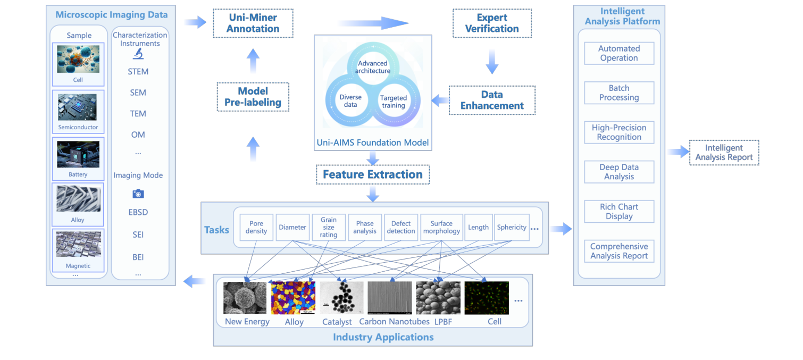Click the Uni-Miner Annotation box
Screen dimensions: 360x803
click(253, 23)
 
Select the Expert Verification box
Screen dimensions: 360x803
click(492, 23)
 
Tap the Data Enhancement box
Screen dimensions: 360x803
click(492, 100)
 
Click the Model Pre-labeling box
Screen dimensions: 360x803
click(253, 97)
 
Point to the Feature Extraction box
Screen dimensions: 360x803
click(372, 174)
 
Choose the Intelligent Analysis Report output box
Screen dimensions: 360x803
click(724, 153)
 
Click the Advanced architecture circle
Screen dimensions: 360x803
click(373, 67)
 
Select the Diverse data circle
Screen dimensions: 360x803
click(350, 101)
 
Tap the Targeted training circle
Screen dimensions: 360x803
click(394, 102)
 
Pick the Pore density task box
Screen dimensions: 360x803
click(256, 228)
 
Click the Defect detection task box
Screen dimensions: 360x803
click(401, 228)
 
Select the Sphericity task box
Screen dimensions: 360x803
click(512, 228)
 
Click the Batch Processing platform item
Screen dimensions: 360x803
click(619, 93)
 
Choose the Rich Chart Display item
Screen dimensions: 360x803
click(619, 212)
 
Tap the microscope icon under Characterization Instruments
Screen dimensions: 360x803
click(138, 54)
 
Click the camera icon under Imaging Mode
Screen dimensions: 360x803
click(138, 194)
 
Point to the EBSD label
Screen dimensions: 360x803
click(138, 212)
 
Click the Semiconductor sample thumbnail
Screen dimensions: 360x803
click(78, 107)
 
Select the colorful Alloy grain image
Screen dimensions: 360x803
click(293, 298)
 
